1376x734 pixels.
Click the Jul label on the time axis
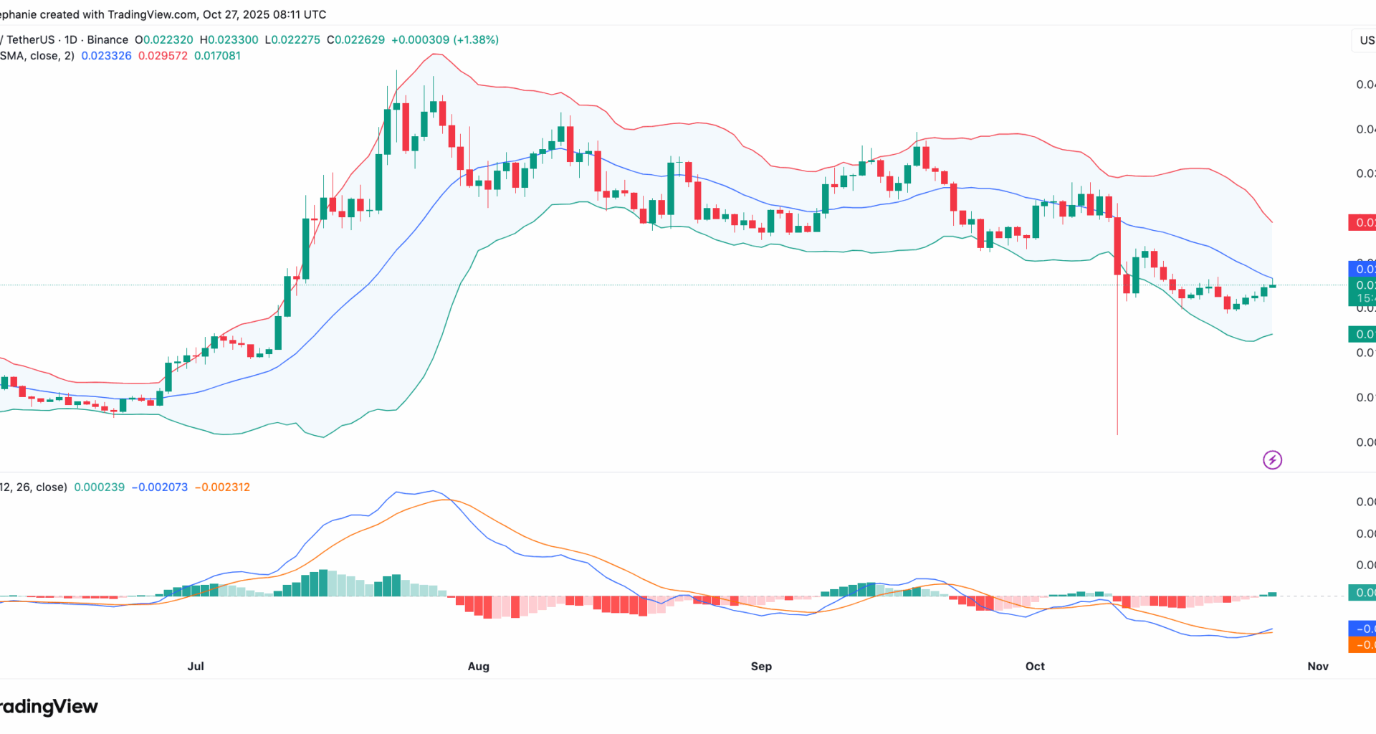click(x=196, y=666)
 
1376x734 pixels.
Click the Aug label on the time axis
click(x=478, y=666)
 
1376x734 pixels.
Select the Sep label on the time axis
click(x=761, y=666)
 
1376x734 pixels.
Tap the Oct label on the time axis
click(x=1035, y=666)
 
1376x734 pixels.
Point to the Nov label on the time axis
click(x=1317, y=666)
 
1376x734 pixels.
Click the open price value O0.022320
click(x=164, y=40)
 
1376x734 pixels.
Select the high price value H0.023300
click(x=229, y=40)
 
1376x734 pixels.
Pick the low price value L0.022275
click(x=292, y=40)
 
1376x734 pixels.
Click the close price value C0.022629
click(x=355, y=40)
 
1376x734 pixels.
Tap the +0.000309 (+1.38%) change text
click(x=445, y=40)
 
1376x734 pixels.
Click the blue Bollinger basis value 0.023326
click(x=106, y=56)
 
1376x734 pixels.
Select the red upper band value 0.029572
click(x=163, y=56)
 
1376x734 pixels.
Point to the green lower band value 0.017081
click(x=217, y=56)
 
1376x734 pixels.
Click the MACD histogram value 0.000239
click(x=99, y=487)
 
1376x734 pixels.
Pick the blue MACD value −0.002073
click(x=159, y=487)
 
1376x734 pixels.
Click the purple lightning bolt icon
click(x=1272, y=459)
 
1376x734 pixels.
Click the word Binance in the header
click(x=107, y=40)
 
